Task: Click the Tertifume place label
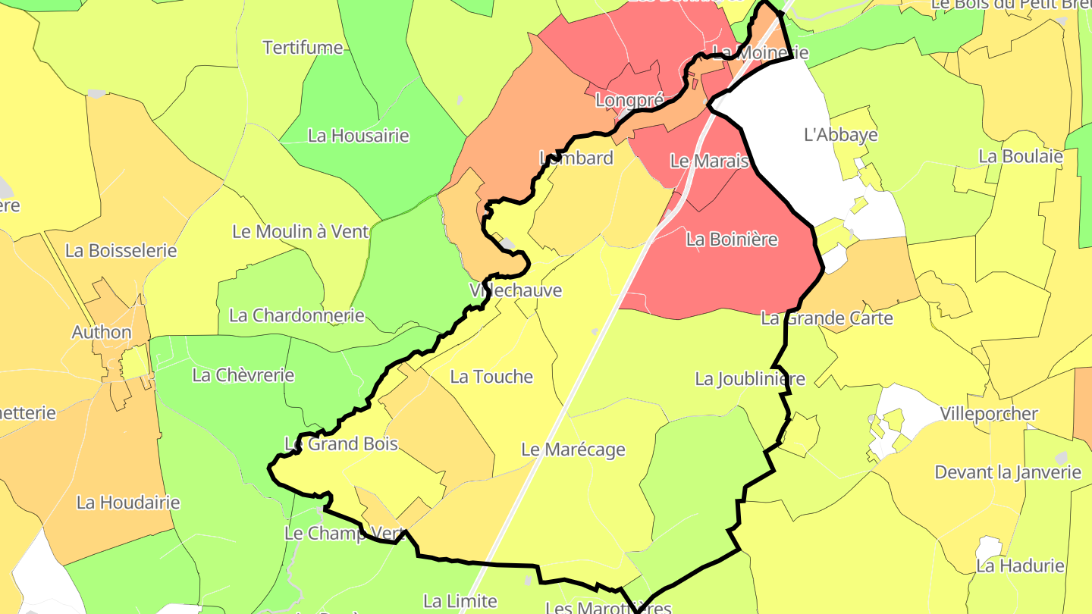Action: [303, 48]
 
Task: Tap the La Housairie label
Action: [358, 136]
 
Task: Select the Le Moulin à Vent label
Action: [300, 232]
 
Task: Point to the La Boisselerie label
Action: [121, 250]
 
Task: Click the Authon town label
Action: [102, 332]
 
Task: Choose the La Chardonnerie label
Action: [297, 315]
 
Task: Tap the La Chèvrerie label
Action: [243, 374]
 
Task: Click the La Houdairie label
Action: [128, 503]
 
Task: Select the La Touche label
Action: [491, 377]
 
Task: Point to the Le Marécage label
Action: [573, 450]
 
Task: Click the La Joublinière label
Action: [750, 379]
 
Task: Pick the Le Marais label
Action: [710, 161]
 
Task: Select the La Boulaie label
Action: [1021, 156]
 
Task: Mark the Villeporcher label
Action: [989, 414]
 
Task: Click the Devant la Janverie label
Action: [1008, 472]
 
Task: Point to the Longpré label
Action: [619, 99]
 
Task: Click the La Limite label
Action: [460, 601]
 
